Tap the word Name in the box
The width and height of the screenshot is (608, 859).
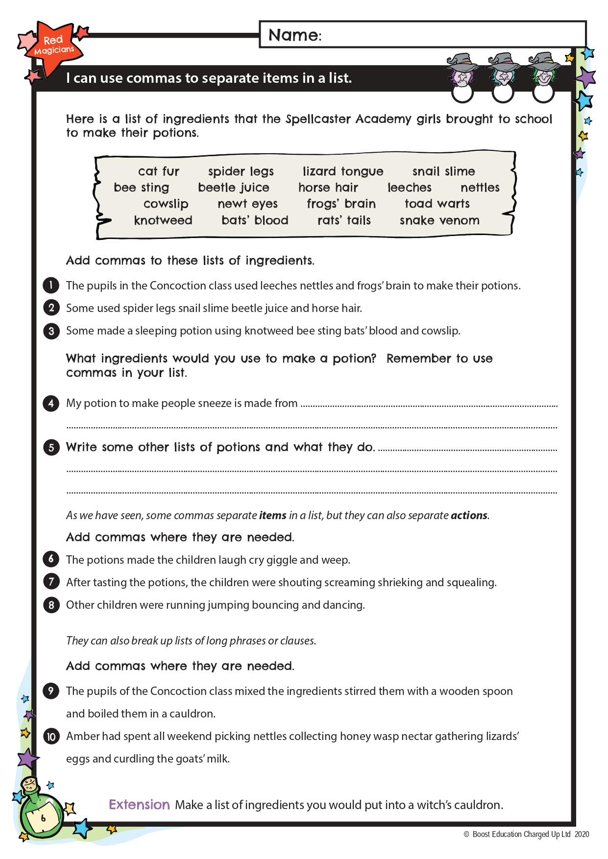coord(293,35)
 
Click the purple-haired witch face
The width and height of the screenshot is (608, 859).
coord(462,73)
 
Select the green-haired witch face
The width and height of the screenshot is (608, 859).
coord(544,73)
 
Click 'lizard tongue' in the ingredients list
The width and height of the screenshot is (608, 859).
coord(342,171)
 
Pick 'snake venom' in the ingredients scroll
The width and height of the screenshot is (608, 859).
coord(439,220)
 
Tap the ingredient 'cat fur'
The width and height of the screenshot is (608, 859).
coord(159,171)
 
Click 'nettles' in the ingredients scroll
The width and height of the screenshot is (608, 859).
coord(480,188)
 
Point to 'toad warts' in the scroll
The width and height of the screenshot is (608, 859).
coord(437,204)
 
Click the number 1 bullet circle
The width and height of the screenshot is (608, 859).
coord(51,285)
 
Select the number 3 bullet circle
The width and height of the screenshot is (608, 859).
coord(51,331)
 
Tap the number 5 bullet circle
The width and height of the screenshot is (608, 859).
coord(51,447)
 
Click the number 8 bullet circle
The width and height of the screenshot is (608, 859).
coord(51,605)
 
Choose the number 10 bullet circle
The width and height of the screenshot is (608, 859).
coord(51,737)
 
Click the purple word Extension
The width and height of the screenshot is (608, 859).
coord(139,805)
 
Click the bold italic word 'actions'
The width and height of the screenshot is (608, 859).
coord(469,515)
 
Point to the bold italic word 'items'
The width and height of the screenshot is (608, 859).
coord(272,515)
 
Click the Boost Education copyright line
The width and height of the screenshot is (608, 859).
coord(526,834)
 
